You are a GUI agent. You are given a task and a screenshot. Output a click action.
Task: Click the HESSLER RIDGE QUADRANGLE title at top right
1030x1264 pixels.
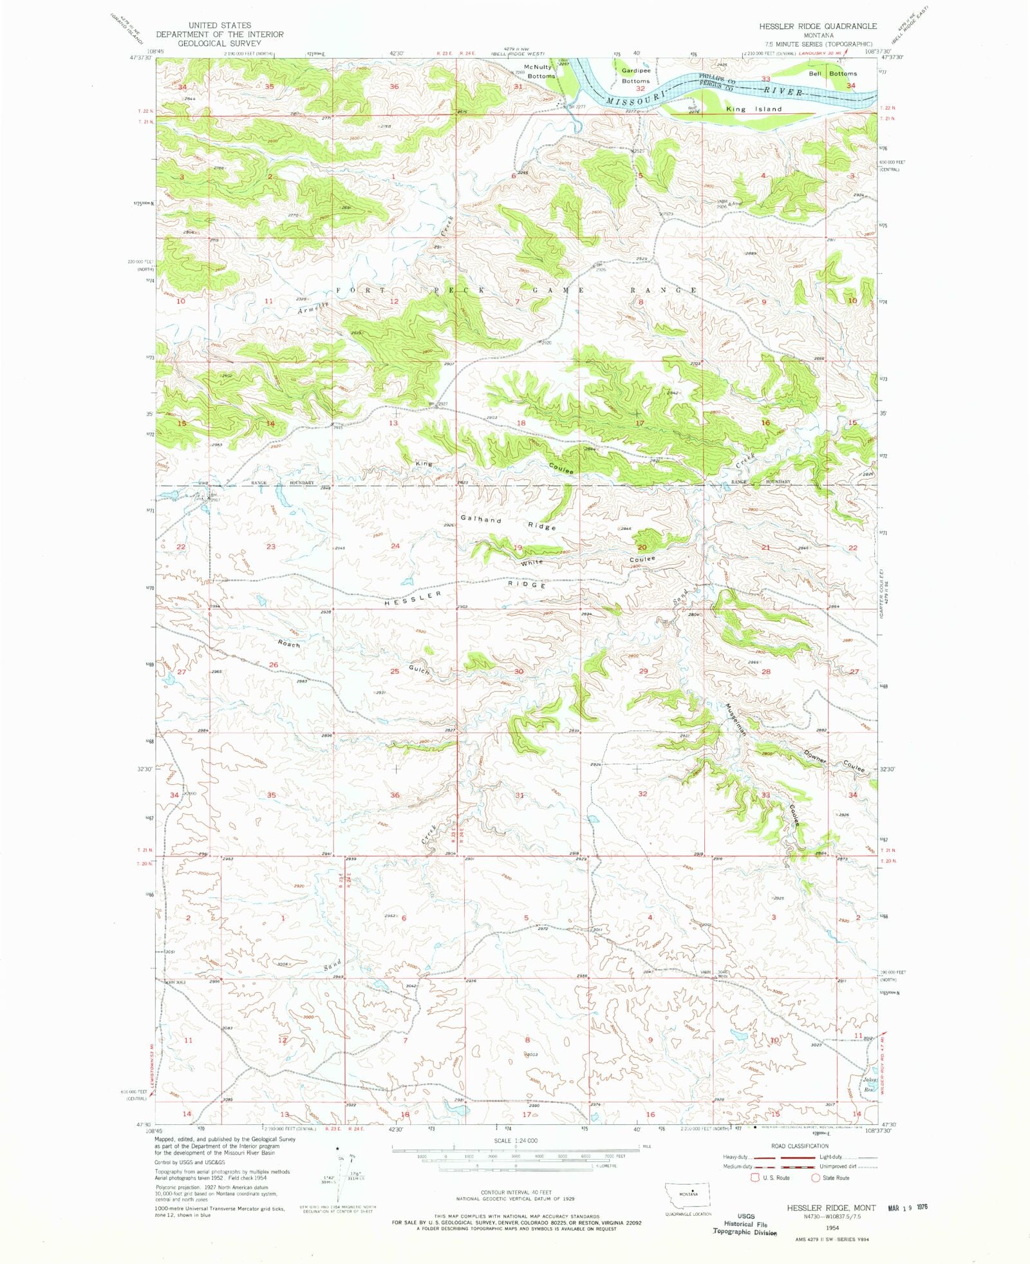[x=818, y=26]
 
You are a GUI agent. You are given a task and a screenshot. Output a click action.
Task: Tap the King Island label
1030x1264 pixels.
[x=754, y=109]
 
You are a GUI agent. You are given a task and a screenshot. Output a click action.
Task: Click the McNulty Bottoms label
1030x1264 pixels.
[x=539, y=71]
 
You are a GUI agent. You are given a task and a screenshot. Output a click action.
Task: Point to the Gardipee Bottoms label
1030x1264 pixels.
[x=635, y=76]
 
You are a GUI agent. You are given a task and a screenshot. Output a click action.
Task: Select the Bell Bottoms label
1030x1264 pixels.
[x=832, y=74]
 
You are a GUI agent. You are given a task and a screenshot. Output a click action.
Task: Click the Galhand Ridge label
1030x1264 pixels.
[x=507, y=522]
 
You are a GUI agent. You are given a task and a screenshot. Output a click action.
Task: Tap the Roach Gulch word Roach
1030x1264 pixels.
[x=289, y=643]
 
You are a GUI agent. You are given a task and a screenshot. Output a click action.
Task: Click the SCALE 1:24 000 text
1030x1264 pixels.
[x=515, y=1140]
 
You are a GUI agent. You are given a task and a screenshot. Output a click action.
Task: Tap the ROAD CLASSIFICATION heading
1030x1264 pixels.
[x=800, y=1146]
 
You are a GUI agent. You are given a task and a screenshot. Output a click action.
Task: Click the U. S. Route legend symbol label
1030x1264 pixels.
[x=776, y=1178]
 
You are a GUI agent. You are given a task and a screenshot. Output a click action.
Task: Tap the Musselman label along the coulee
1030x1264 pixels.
[x=736, y=719]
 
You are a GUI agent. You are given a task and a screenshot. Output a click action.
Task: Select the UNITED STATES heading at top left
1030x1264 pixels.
[x=220, y=26]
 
